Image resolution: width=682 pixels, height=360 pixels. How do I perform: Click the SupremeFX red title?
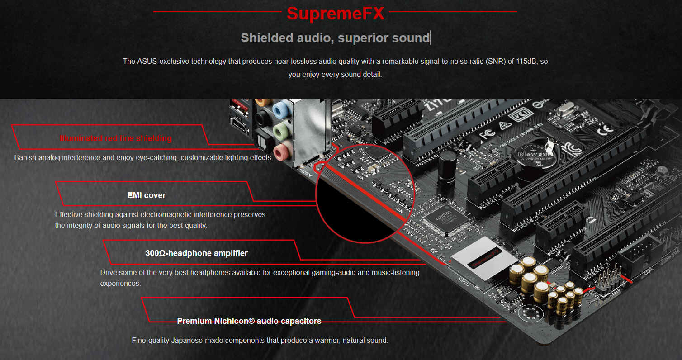point(336,14)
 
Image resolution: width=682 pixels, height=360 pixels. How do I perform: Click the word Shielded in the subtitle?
point(267,38)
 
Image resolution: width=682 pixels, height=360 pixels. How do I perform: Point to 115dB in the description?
point(526,61)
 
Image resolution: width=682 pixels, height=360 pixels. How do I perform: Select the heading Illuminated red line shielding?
point(116,138)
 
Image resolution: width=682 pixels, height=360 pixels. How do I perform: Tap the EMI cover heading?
point(147,195)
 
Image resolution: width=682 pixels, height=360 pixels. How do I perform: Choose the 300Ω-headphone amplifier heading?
point(196,253)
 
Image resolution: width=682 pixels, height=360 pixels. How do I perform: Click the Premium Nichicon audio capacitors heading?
point(249,321)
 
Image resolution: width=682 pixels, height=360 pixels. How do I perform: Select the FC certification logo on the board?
point(487,134)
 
